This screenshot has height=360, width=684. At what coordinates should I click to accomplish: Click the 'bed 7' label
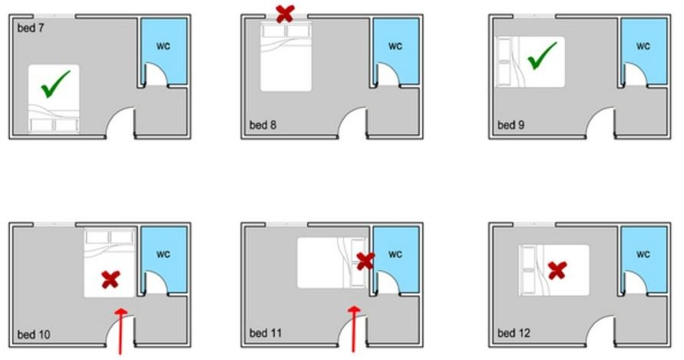(31, 28)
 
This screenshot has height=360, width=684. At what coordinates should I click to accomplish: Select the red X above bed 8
(286, 14)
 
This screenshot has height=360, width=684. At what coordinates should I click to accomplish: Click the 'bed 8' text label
(263, 125)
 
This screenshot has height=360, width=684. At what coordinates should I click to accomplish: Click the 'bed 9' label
(511, 125)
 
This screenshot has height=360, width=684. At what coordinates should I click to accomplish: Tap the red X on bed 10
(111, 279)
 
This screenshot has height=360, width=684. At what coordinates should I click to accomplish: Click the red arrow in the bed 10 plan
(121, 331)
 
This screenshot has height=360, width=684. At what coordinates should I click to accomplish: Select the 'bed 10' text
(34, 334)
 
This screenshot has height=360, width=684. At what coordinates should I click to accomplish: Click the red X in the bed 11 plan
(365, 261)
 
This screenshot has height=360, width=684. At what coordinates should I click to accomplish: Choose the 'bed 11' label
(265, 333)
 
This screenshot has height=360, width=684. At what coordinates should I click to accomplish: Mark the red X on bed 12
(557, 270)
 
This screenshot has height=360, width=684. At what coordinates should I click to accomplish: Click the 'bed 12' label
(514, 333)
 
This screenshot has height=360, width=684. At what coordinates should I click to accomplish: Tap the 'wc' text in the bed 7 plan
(164, 46)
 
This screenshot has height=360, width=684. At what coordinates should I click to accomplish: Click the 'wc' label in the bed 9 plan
(643, 46)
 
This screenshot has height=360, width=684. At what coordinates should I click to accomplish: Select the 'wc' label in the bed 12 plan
(643, 254)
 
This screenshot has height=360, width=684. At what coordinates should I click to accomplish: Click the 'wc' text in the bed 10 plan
(164, 254)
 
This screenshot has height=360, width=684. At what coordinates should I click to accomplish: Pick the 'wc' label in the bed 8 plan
(395, 46)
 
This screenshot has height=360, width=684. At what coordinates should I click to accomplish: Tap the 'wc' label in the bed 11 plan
(395, 254)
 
